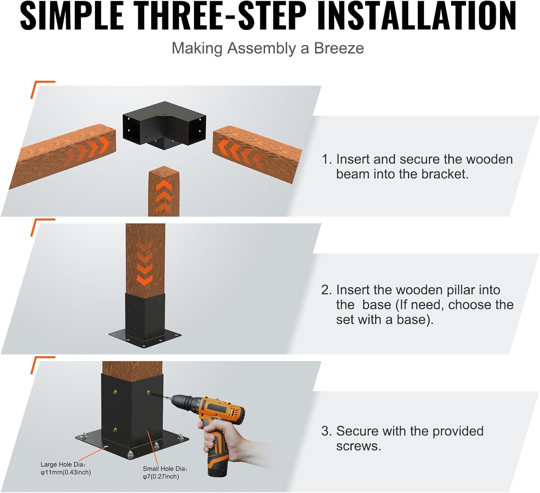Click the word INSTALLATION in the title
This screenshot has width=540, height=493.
[417, 16]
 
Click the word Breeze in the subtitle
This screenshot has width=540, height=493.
[339, 48]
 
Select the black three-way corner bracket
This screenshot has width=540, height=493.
[164, 126]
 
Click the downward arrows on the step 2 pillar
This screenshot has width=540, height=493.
[145, 264]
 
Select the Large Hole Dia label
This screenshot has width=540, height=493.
[63, 465]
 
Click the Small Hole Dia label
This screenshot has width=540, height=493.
[165, 469]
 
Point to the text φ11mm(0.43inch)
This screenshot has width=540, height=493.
[66, 472]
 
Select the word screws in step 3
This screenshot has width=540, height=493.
[358, 446]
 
